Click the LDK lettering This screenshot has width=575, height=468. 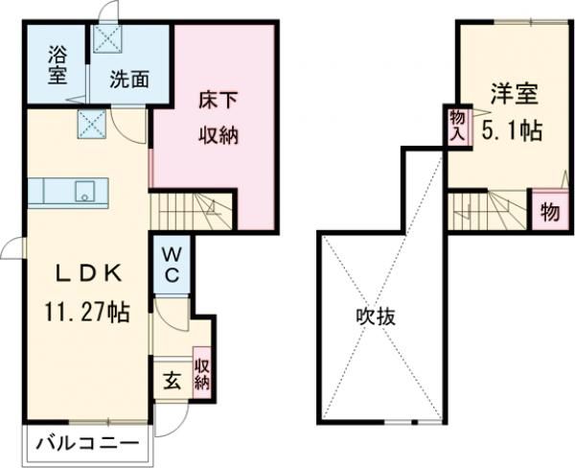[x=86, y=273]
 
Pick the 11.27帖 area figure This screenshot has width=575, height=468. [x=86, y=311]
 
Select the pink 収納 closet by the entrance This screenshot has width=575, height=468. [x=202, y=374]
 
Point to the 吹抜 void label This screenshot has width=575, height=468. [x=378, y=316]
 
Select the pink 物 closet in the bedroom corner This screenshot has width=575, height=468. [x=548, y=211]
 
